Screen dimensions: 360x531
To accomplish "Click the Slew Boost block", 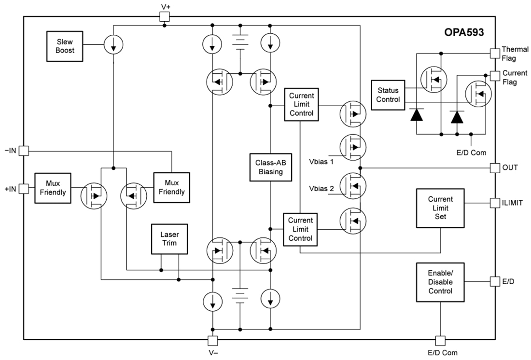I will click(x=65, y=46).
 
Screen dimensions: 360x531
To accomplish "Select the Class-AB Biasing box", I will click(x=271, y=167).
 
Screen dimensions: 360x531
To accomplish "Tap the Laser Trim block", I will click(x=169, y=238).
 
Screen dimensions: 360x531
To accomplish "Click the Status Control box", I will click(x=389, y=95).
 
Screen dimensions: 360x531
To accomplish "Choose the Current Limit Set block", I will click(x=440, y=208).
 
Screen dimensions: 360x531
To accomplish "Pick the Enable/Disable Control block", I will click(x=440, y=282).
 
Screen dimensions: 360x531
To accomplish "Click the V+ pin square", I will click(x=165, y=17).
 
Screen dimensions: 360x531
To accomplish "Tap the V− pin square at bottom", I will click(x=213, y=340).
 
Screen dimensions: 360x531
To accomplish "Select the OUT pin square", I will click(x=495, y=167).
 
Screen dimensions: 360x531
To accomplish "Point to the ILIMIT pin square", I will click(x=495, y=203).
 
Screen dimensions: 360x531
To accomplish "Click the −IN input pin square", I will click(x=24, y=151).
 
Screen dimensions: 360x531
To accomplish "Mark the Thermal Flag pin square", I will click(x=495, y=53).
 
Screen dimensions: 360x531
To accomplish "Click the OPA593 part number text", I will click(x=464, y=33).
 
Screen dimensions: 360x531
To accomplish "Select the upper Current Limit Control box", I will click(x=301, y=104).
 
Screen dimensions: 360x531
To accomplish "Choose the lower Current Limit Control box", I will click(x=300, y=229).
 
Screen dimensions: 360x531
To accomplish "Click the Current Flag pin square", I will click(x=495, y=76).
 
